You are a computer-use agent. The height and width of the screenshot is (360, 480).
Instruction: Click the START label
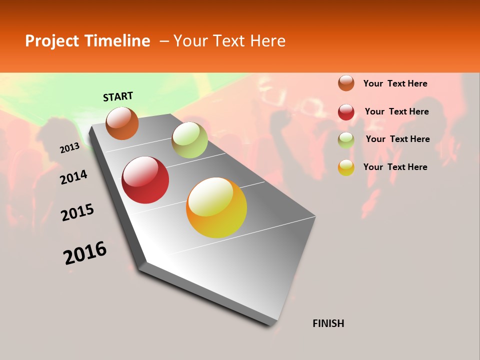[118, 96]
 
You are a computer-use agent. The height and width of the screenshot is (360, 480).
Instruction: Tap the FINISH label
[328, 323]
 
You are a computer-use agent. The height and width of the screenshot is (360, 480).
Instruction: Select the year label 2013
[69, 147]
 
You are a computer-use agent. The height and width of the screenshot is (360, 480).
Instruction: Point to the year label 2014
[73, 177]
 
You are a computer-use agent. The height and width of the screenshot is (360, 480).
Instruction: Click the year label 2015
[77, 213]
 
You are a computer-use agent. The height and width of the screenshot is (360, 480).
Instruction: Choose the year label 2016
[85, 252]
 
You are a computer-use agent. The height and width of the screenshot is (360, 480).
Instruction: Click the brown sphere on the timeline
[122, 123]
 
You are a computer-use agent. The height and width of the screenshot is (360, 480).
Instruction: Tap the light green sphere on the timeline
[189, 140]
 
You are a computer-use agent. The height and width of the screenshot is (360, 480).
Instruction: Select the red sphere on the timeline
[145, 180]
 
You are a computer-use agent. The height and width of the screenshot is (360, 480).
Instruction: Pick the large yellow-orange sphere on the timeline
[216, 207]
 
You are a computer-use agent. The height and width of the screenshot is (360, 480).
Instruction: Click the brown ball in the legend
[346, 83]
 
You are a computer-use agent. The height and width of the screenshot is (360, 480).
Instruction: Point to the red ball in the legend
[346, 112]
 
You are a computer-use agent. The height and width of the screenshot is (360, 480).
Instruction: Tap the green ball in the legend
[346, 140]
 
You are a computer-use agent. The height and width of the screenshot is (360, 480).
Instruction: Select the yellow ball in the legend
[346, 167]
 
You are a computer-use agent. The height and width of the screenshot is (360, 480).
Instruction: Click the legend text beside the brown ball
[395, 83]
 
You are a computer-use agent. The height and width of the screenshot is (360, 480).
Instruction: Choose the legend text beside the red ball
[396, 111]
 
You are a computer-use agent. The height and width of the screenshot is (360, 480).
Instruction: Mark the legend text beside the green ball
[397, 139]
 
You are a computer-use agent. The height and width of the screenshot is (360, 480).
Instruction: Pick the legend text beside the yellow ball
[395, 167]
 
